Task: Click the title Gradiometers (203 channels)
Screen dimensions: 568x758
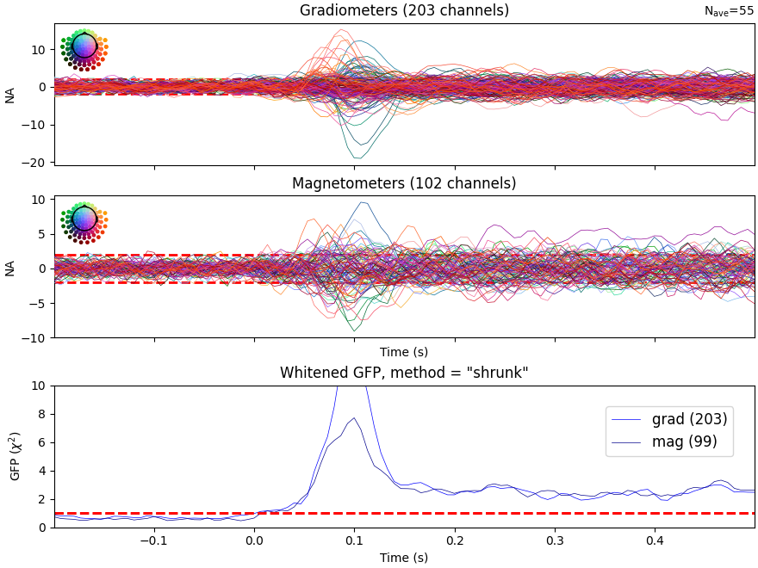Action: point(404,10)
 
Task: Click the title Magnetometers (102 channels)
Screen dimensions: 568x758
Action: point(404,183)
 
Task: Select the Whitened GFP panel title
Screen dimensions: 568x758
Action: point(404,373)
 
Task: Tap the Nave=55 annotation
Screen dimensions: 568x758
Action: point(729,11)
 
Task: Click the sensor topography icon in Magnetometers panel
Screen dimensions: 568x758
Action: point(84,219)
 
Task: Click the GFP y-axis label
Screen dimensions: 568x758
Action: point(14,456)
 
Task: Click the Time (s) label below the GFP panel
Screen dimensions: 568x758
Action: point(404,558)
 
